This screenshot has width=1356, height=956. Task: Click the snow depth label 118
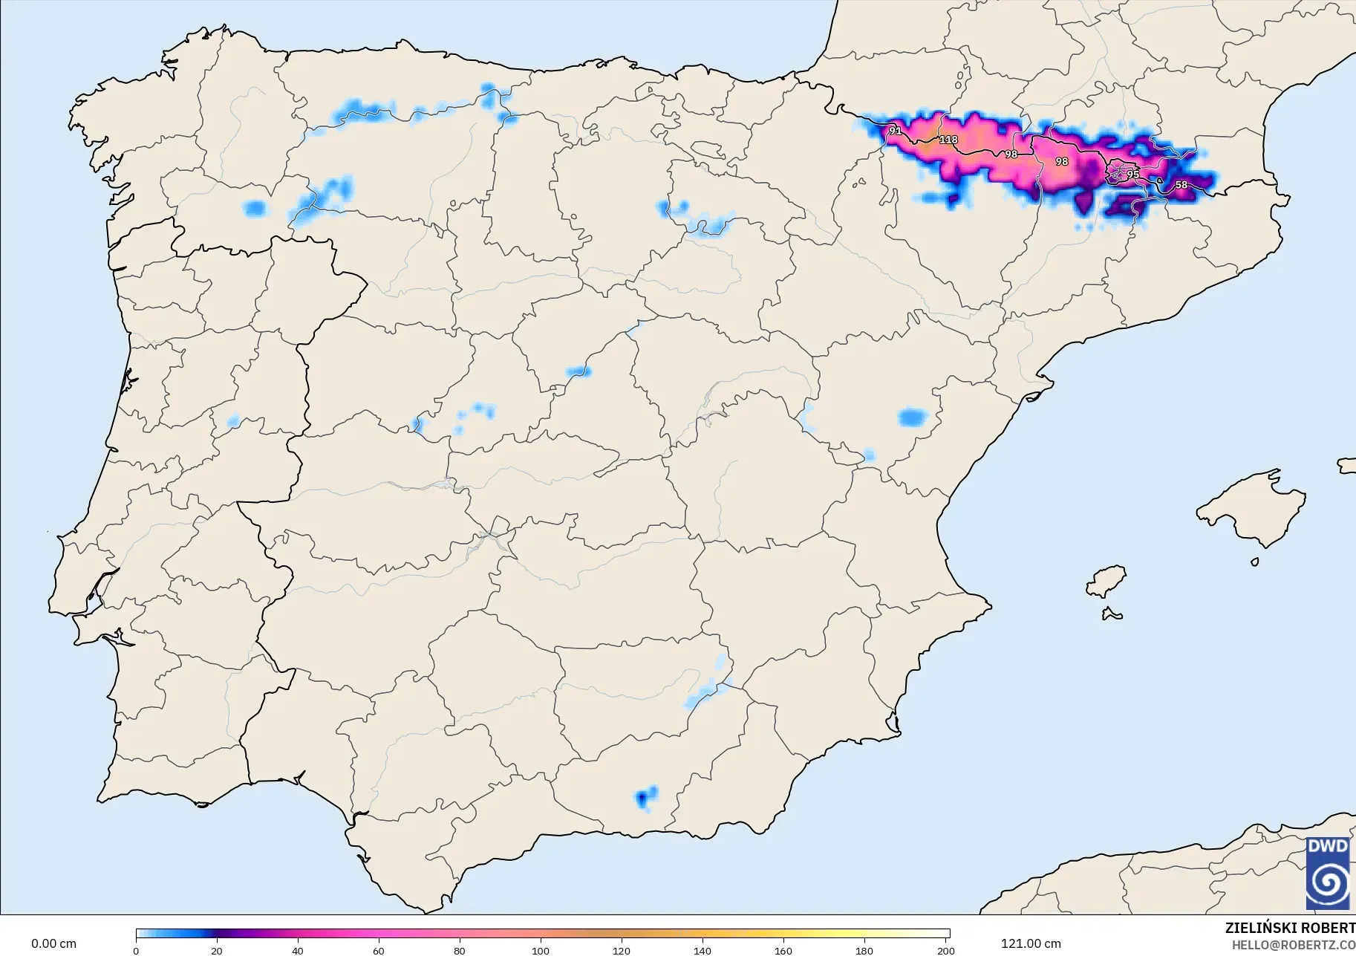(x=948, y=140)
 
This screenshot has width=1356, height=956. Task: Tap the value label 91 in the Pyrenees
(x=895, y=131)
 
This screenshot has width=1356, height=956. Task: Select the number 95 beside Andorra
(x=1132, y=175)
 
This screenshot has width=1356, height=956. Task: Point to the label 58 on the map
(x=1181, y=185)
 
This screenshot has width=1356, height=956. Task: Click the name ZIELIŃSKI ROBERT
(x=1289, y=928)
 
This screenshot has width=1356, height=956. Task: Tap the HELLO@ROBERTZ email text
(x=1293, y=946)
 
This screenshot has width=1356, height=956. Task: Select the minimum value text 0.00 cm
(x=53, y=943)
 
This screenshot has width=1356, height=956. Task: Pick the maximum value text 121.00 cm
(x=1031, y=943)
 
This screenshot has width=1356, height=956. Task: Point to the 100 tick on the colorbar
(x=541, y=950)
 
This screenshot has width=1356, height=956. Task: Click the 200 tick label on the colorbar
(x=945, y=950)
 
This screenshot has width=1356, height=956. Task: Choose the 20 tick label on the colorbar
(x=216, y=950)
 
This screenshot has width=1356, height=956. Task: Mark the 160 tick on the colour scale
(x=783, y=950)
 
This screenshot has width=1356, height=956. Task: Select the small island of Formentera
(x=1112, y=614)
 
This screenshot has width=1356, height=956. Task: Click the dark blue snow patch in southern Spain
(x=642, y=799)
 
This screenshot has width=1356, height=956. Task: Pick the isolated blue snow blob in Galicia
(x=255, y=208)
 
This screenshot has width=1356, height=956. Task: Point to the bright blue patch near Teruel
(x=913, y=417)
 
